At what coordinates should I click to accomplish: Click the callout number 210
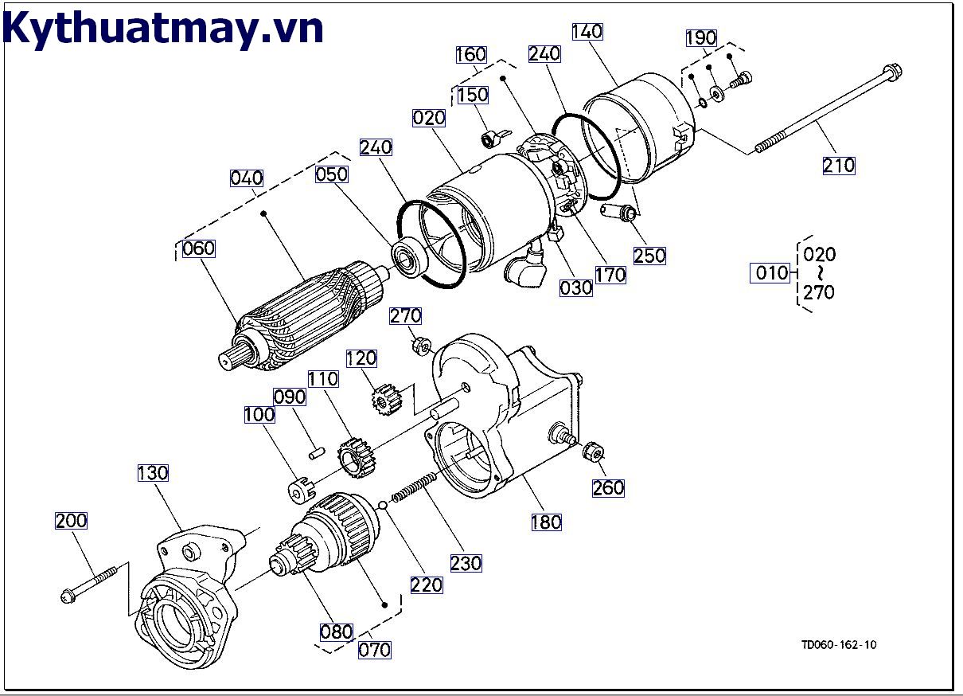click(838, 165)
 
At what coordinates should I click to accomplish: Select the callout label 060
click(198, 248)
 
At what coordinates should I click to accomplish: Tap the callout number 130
click(152, 473)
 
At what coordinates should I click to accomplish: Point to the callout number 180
click(546, 522)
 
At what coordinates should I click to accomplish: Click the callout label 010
click(771, 273)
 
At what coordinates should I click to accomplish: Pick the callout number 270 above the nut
click(405, 316)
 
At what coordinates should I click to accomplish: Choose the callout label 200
click(71, 521)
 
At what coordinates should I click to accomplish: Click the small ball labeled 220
click(383, 504)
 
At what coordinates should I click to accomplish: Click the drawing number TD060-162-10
click(839, 645)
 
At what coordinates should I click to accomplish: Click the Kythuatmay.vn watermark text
click(163, 29)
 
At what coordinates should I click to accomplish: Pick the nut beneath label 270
click(422, 346)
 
